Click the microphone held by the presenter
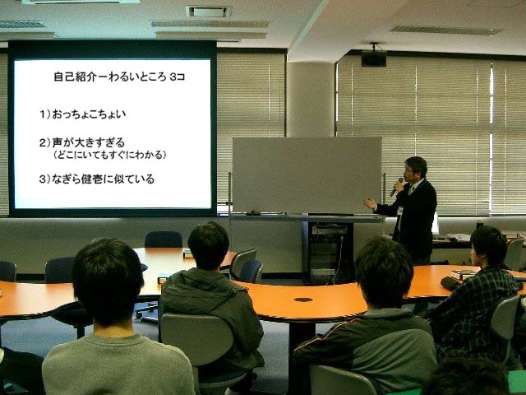pyautogui.click(x=396, y=188)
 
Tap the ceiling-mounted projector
pyautogui.click(x=374, y=58)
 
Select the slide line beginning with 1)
pyautogui.click(x=82, y=114)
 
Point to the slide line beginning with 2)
pyautogui.click(x=82, y=142)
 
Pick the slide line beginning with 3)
pyautogui.click(x=97, y=179)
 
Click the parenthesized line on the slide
pyautogui.click(x=109, y=155)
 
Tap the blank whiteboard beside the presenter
pyautogui.click(x=307, y=174)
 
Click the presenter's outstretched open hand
pyautogui.click(x=371, y=203)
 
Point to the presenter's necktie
pyautogui.click(x=410, y=190)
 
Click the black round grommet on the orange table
pyautogui.click(x=303, y=300)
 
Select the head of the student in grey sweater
pyautogui.click(x=108, y=281)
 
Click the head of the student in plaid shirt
pyautogui.click(x=488, y=247)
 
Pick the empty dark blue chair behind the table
pyautogui.click(x=164, y=239)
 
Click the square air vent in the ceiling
pyautogui.click(x=208, y=12)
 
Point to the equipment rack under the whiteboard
pyautogui.click(x=328, y=253)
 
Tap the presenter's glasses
pyautogui.click(x=408, y=170)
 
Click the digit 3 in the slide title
pyautogui.click(x=173, y=77)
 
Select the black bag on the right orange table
pyautogui.click(x=450, y=283)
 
